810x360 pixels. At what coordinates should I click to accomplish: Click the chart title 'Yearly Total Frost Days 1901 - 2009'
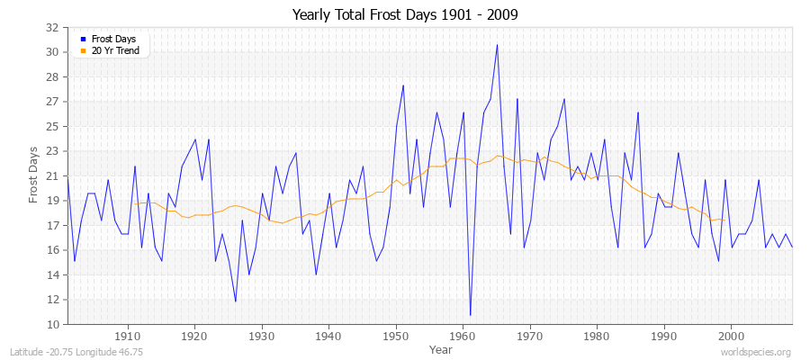405,14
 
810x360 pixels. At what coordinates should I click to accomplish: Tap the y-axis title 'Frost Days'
33,175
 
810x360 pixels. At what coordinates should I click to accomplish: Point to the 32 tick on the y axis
52,27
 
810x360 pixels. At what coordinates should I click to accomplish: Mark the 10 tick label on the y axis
52,324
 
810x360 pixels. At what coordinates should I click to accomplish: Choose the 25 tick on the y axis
52,126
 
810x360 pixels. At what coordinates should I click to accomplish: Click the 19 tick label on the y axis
52,201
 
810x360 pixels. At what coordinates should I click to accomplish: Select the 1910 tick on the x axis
128,336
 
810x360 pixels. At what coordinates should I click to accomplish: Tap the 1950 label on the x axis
396,336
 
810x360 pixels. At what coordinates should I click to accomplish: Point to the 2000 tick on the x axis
732,336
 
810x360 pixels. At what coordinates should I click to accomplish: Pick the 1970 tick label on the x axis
530,336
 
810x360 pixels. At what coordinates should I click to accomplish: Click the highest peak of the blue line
497,44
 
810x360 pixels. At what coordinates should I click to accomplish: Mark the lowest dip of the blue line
470,316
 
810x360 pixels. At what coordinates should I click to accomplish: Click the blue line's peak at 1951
403,85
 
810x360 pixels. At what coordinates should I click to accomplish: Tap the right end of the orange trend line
724,220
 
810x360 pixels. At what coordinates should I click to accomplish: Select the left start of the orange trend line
135,204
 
